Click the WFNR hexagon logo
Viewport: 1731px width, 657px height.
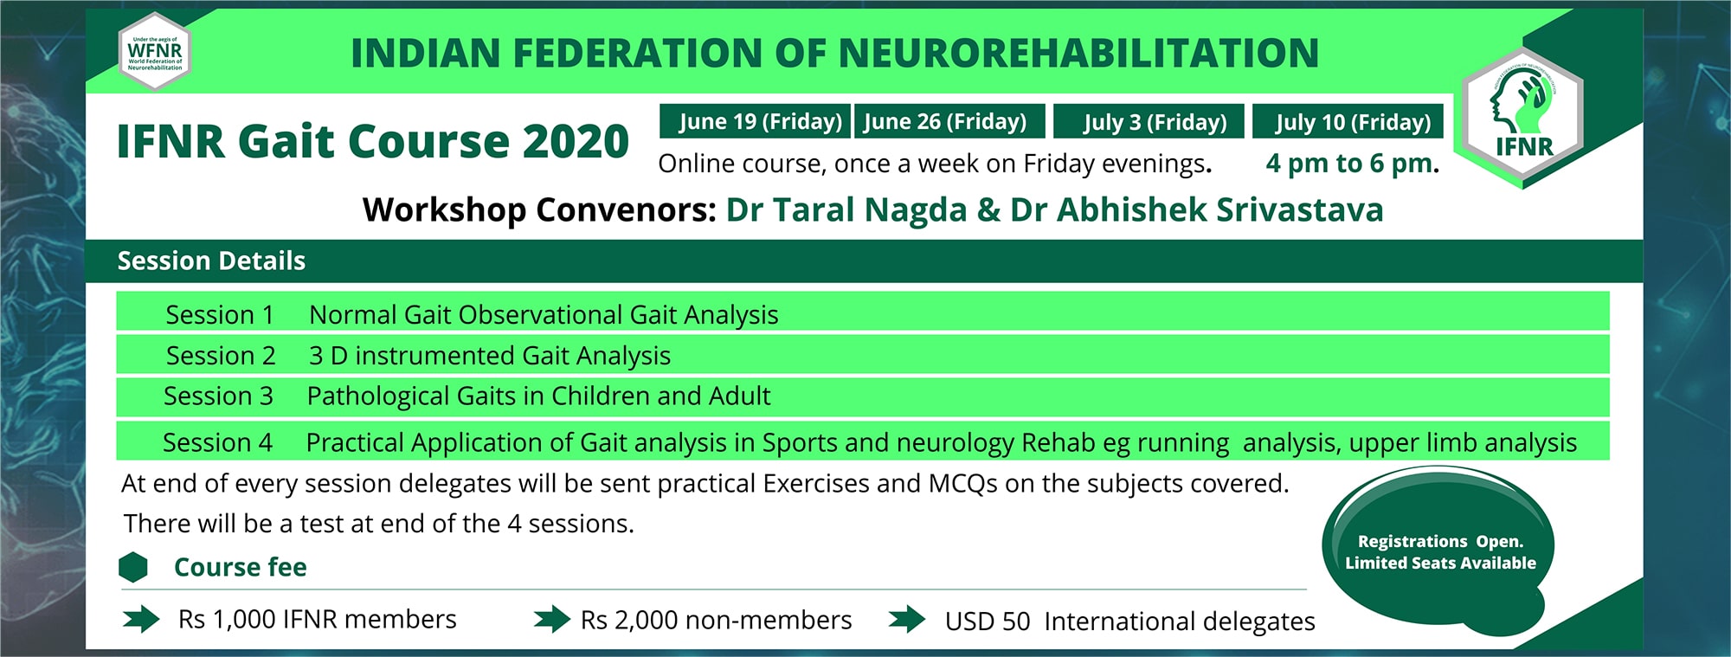click(x=154, y=52)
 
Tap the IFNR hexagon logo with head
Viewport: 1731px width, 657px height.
click(x=1523, y=116)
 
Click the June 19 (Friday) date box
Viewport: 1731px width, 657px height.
click(x=755, y=121)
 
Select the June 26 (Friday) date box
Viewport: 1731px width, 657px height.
click(x=949, y=121)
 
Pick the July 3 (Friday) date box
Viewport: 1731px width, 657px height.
click(x=1149, y=121)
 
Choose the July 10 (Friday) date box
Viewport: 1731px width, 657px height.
click(x=1348, y=121)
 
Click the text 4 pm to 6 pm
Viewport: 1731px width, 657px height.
click(x=1351, y=163)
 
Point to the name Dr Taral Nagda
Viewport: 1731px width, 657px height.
click(x=846, y=209)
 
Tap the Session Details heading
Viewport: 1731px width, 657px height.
click(x=211, y=261)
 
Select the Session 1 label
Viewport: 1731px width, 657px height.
click(x=219, y=314)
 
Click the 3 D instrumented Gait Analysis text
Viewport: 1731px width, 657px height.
click(x=489, y=355)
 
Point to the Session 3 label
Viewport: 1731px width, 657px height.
click(x=218, y=396)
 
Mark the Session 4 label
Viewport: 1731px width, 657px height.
click(x=217, y=442)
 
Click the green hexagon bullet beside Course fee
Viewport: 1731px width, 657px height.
click(x=133, y=567)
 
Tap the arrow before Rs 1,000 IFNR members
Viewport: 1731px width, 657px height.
click(x=140, y=619)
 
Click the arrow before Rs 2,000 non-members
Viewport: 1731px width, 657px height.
click(x=551, y=619)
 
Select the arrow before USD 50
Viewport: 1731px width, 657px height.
click(x=906, y=619)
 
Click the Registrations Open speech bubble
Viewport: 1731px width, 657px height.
click(x=1438, y=551)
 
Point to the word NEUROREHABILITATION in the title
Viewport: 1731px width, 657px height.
click(x=1078, y=53)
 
